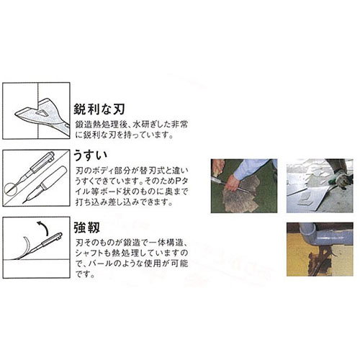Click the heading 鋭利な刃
99,109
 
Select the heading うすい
90,156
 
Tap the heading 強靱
86,228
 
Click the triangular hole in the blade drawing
42,113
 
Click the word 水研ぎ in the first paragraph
148,125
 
